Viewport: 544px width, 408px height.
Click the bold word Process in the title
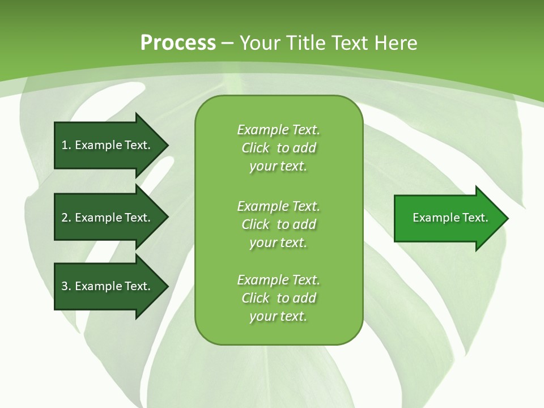pyautogui.click(x=178, y=43)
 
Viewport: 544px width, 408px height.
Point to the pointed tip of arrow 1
pyautogui.click(x=167, y=145)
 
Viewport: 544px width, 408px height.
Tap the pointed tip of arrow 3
pyautogui.click(x=167, y=286)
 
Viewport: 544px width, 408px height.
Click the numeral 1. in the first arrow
pyautogui.click(x=66, y=146)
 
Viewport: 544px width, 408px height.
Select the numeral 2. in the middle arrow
pyautogui.click(x=66, y=218)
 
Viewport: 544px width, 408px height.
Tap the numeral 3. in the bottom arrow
pyautogui.click(x=66, y=286)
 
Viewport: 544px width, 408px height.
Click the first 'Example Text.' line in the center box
pyautogui.click(x=278, y=130)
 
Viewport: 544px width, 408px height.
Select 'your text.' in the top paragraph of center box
pyautogui.click(x=278, y=166)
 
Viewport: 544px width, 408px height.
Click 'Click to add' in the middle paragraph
pyautogui.click(x=278, y=224)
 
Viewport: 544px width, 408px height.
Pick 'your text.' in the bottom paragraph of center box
pyautogui.click(x=278, y=316)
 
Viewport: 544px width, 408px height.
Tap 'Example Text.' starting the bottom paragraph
pyautogui.click(x=278, y=280)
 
